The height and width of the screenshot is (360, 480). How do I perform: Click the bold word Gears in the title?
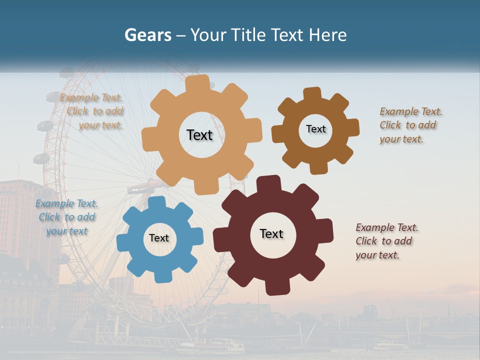click(x=147, y=35)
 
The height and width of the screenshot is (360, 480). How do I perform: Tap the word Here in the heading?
click(x=327, y=35)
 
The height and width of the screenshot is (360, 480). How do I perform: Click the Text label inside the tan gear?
click(x=199, y=135)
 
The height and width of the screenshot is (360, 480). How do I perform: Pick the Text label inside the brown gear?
click(x=315, y=129)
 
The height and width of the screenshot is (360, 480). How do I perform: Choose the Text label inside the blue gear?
click(x=159, y=238)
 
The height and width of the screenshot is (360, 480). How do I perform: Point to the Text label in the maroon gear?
click(x=271, y=233)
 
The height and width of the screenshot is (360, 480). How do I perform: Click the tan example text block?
click(x=93, y=111)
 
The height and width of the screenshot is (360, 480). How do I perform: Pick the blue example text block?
click(x=66, y=217)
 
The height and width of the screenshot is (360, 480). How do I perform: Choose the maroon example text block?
click(x=386, y=241)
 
